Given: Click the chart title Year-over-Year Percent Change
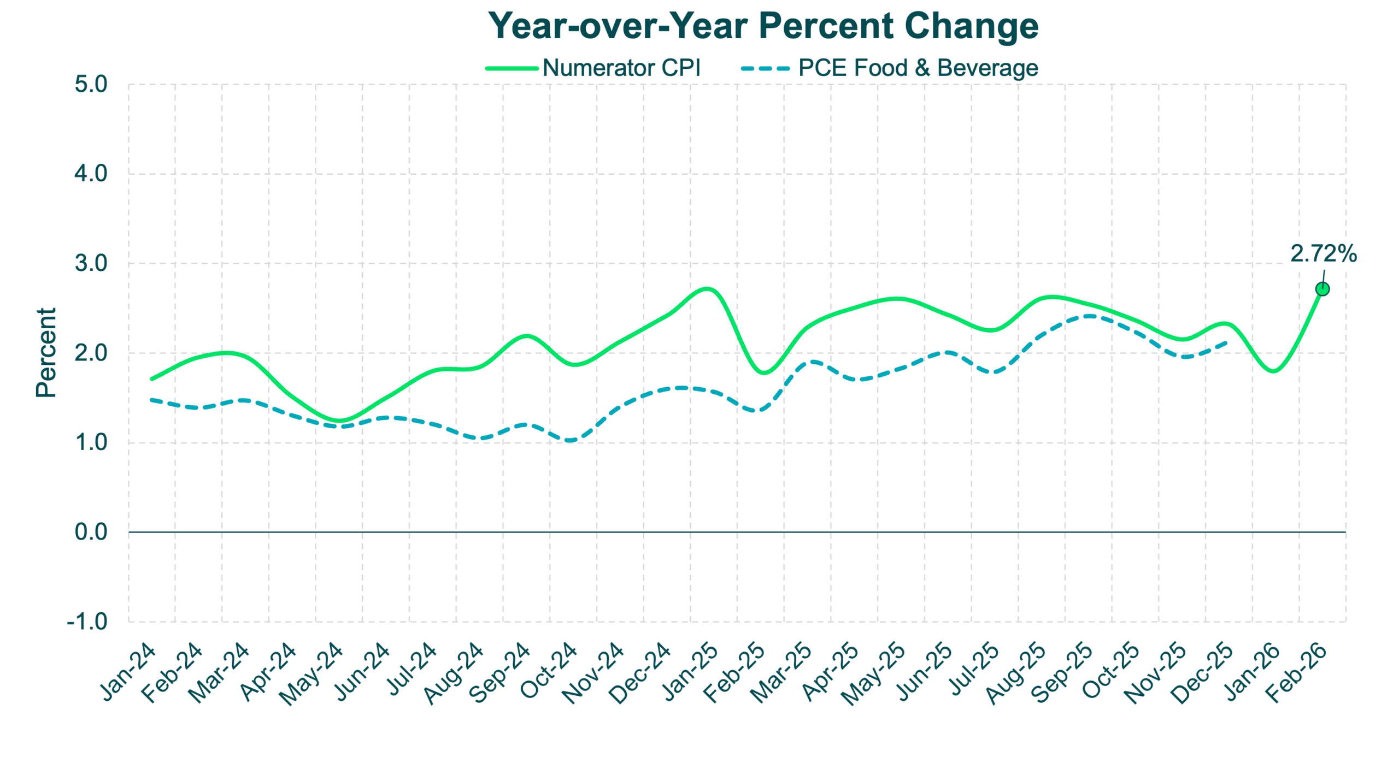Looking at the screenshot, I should (x=763, y=26).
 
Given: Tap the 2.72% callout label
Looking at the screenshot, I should (x=1324, y=253).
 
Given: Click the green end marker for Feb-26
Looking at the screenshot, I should (x=1322, y=288).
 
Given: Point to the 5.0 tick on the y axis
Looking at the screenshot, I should (x=91, y=85).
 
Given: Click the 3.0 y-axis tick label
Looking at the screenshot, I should (x=91, y=264).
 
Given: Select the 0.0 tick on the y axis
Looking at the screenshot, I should (x=91, y=532).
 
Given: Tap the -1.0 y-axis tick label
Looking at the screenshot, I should (x=87, y=622).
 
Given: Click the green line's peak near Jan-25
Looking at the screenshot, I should (x=706, y=288).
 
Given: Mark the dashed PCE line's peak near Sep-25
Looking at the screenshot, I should (x=1088, y=316).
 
